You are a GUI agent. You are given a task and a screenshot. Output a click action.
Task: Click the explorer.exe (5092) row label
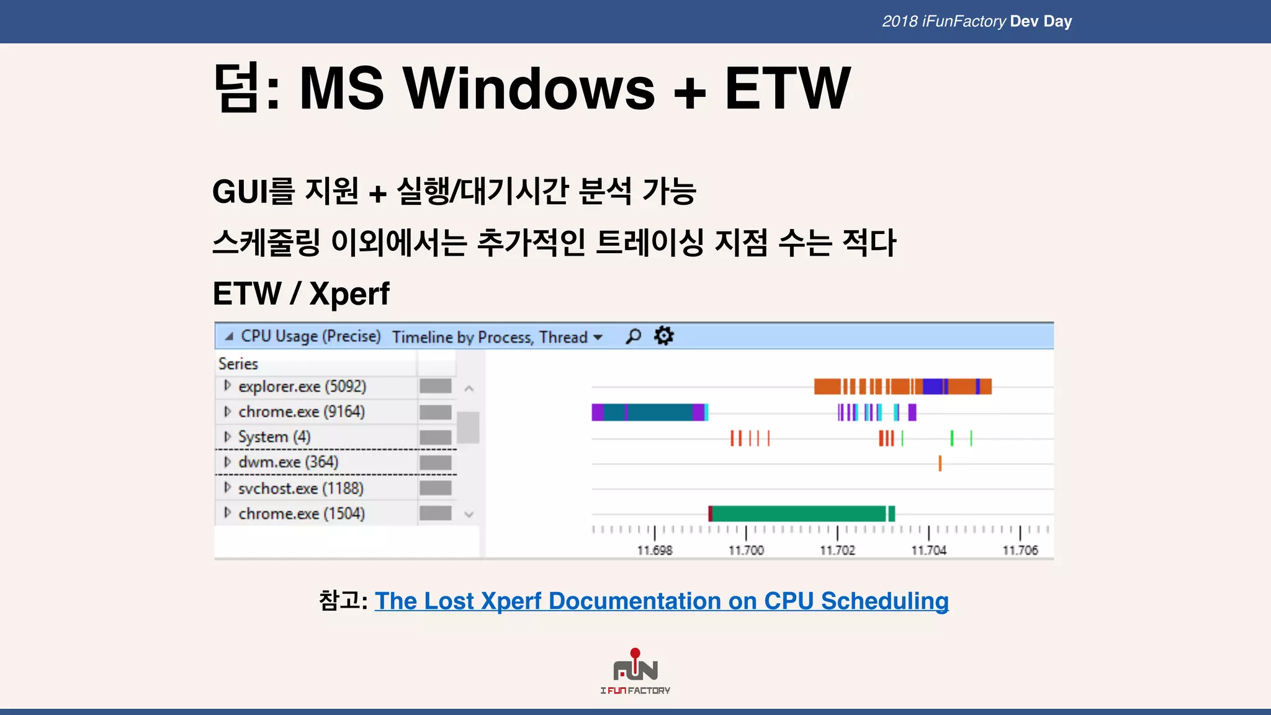click(302, 387)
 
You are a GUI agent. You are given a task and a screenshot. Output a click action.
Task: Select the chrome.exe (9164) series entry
click(302, 412)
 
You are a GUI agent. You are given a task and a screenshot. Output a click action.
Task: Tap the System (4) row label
click(274, 437)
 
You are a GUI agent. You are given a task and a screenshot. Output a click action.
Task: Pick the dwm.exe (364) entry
click(288, 462)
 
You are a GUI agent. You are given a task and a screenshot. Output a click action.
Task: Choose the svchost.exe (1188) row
click(300, 488)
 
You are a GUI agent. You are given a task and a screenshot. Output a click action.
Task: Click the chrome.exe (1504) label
click(302, 514)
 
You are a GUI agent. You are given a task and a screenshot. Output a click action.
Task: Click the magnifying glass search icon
click(633, 336)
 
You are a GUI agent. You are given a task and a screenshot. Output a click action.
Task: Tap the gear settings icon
click(663, 336)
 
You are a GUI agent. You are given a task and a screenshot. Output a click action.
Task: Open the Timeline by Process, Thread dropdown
click(497, 337)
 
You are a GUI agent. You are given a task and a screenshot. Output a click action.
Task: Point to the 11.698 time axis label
click(655, 551)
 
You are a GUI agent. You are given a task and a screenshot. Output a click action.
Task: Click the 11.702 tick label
click(837, 551)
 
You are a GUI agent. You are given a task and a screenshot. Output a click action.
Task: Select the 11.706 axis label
click(1020, 551)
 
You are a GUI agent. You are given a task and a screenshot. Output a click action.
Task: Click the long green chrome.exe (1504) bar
click(798, 514)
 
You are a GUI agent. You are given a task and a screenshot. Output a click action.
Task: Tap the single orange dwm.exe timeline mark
click(940, 463)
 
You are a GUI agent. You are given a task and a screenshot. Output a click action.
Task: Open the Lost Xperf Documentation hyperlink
click(661, 601)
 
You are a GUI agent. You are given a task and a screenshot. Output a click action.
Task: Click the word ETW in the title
click(788, 88)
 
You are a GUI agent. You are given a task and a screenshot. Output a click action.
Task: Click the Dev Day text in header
click(1041, 22)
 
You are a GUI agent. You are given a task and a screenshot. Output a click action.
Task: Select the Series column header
click(238, 364)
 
